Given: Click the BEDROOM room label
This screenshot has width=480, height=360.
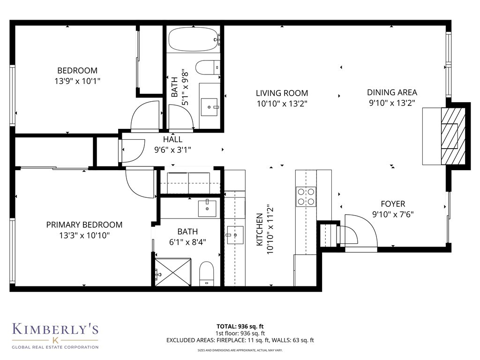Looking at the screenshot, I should click(77, 71).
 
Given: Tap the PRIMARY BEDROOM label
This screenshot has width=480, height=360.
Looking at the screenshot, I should click(84, 225).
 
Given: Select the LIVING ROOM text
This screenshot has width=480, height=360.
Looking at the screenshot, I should click(282, 93).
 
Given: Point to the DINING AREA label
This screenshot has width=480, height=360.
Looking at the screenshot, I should click(392, 92).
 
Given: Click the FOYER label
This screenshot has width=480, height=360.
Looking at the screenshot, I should click(393, 204).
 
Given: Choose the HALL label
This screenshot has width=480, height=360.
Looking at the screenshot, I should click(172, 140).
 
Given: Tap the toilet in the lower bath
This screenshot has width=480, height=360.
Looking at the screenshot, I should click(206, 273).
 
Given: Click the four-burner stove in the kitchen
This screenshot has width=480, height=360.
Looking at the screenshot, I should click(305, 196).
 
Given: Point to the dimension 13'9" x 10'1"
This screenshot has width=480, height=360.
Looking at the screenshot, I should click(77, 81).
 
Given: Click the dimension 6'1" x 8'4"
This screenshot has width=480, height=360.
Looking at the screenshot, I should click(187, 242).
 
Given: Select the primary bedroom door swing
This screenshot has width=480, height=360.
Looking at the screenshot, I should click(140, 182).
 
